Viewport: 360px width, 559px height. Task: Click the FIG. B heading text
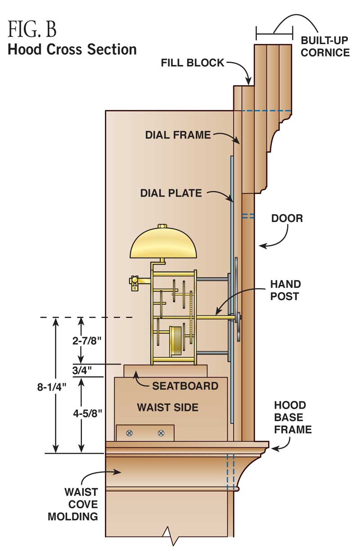pos(32,29)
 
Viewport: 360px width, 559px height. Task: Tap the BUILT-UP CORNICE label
pos(325,46)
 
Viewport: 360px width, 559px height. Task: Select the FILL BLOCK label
pos(192,63)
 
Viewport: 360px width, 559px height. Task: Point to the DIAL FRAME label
pos(178,135)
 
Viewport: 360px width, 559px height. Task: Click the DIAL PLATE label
pos(171,194)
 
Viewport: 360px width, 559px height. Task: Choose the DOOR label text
pos(287,219)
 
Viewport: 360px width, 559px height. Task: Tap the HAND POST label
pos(285,290)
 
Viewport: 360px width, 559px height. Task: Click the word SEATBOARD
pos(185,386)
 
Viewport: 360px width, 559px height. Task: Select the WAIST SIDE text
pos(167,407)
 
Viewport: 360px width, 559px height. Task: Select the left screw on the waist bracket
pos(130,433)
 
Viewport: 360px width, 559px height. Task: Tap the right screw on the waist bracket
pos(161,433)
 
